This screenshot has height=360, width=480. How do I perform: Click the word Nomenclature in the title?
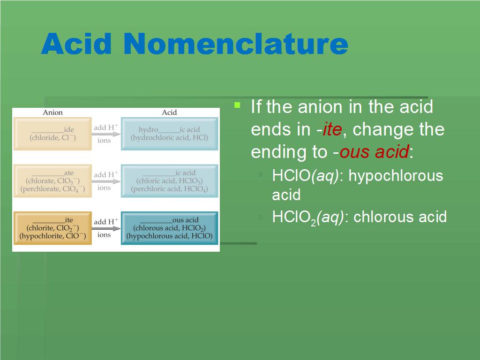pyautogui.click(x=236, y=44)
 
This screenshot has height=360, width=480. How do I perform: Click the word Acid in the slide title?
pyautogui.click(x=76, y=44)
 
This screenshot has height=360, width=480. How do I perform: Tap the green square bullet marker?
pyautogui.click(x=237, y=105)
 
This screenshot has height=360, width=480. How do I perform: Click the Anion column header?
pyautogui.click(x=52, y=112)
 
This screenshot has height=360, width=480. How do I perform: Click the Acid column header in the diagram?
pyautogui.click(x=169, y=112)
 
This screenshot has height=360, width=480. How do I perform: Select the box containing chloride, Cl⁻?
pyautogui.click(x=52, y=134)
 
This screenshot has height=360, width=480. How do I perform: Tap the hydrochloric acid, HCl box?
pyautogui.click(x=170, y=134)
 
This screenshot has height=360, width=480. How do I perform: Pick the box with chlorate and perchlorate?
pyautogui.click(x=52, y=181)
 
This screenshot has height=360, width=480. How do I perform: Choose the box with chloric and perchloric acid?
pyautogui.click(x=170, y=181)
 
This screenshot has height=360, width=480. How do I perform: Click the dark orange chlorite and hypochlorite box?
pyautogui.click(x=52, y=228)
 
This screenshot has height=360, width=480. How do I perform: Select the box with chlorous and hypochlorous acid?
pyautogui.click(x=170, y=228)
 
